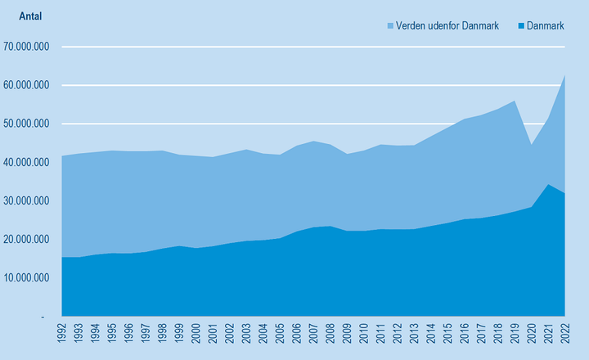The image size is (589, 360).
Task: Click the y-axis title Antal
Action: (29, 16)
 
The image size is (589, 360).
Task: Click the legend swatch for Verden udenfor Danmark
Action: (389, 26)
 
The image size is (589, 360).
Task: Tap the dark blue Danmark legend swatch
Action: (519, 26)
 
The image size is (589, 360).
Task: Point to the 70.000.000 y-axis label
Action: (27, 47)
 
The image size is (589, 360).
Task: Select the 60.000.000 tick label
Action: (27, 85)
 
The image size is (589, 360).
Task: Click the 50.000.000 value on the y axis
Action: (27, 124)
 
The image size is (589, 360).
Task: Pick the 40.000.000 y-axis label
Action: (27, 162)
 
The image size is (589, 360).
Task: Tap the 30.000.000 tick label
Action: (27, 200)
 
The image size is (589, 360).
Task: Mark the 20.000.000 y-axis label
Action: (27, 239)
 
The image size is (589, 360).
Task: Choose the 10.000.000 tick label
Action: (27, 277)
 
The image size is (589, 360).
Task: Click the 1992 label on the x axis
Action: (62, 335)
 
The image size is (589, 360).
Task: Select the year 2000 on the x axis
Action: (196, 335)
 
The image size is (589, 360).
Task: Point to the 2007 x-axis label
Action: (313, 335)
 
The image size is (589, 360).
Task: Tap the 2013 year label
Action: (414, 335)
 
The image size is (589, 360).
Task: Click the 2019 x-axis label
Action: (515, 335)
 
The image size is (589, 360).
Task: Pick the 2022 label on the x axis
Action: (564, 335)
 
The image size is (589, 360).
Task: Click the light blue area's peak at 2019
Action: (515, 101)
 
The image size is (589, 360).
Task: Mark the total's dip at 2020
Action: (531, 145)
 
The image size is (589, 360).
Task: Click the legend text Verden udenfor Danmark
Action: (447, 26)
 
